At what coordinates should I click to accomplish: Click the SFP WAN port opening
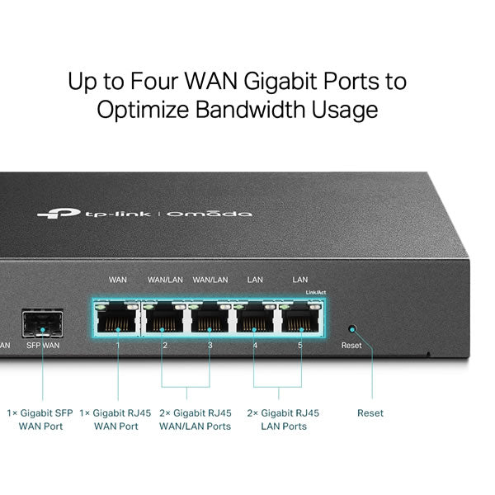coord(43,323)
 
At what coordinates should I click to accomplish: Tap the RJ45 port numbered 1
coord(117,318)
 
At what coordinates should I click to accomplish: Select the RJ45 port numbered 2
coord(163,318)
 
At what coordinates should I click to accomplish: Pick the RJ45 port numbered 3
coord(210,318)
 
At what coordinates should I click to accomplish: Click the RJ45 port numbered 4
coord(255,318)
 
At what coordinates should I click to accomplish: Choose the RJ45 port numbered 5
coord(301,318)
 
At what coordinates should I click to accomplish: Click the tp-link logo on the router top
coord(94,214)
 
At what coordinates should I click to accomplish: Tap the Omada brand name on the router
coord(210,214)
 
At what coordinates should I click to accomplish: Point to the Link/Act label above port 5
coord(316,292)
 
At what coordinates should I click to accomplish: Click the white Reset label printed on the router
coord(351,346)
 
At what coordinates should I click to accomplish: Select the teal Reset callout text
coord(370,413)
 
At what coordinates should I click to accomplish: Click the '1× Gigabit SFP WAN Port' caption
coord(40,420)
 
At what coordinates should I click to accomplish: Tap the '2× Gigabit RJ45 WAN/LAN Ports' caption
coord(195,420)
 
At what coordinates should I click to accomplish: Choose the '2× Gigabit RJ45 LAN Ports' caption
coord(283,420)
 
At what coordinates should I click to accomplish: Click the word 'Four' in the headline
coord(154,81)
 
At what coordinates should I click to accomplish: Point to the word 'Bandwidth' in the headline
coord(251,109)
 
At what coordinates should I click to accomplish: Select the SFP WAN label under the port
coord(43,346)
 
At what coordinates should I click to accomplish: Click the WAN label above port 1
coord(118,280)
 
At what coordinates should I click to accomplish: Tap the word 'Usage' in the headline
coord(345,111)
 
